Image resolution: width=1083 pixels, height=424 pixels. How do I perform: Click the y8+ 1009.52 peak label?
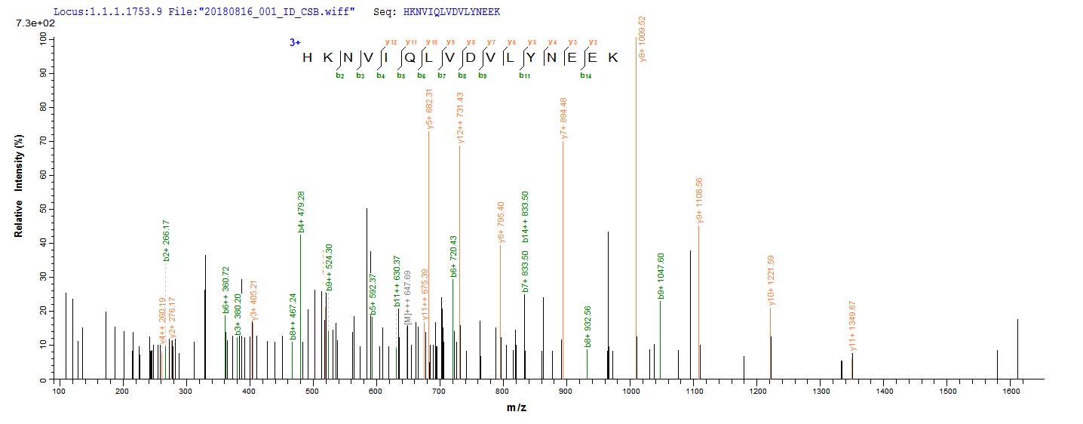click(x=643, y=38)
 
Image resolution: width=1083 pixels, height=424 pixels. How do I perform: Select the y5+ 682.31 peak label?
click(x=430, y=109)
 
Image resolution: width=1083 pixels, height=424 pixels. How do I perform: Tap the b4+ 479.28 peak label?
click(x=302, y=212)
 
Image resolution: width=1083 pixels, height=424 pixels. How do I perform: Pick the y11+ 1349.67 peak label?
click(x=853, y=326)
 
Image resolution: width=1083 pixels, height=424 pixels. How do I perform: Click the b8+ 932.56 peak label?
click(x=588, y=325)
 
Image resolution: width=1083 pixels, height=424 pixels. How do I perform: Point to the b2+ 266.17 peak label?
click(x=167, y=241)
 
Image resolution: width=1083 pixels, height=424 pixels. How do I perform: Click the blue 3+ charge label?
click(x=295, y=43)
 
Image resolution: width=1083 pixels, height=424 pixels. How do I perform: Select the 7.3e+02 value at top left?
click(x=31, y=24)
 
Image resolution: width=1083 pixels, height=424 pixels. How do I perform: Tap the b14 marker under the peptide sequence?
click(x=584, y=75)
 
